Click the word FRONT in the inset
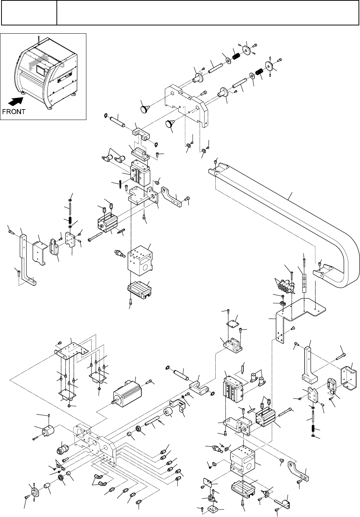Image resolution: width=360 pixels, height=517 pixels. coord(13,111)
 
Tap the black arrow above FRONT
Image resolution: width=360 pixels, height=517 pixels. coord(15,101)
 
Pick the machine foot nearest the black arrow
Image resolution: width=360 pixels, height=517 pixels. coord(23,93)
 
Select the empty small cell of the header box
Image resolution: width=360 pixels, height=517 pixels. coord(29,13)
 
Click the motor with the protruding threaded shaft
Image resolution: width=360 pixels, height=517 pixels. coord(127,392)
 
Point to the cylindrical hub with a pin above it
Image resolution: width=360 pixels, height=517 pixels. coord(48,430)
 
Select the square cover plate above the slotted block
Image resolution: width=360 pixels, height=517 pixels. coord(233,324)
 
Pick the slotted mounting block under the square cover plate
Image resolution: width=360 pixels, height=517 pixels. coord(233,345)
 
